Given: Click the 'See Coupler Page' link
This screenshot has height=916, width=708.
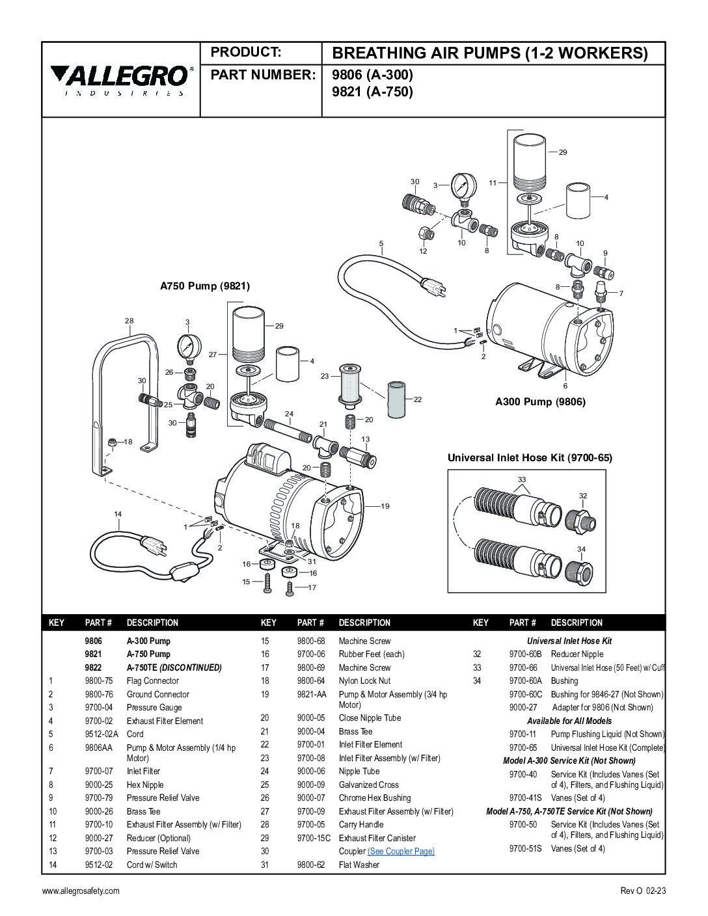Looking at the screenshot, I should coord(401,851).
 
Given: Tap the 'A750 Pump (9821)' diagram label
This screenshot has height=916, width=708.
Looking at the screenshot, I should coord(205,286).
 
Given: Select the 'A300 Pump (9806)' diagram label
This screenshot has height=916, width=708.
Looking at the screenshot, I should coord(540,401).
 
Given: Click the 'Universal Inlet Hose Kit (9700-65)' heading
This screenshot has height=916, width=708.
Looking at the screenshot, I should coord(530,457).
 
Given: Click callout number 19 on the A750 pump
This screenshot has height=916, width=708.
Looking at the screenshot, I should coord(385,505).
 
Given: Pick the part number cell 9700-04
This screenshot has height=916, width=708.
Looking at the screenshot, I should coord(99,707).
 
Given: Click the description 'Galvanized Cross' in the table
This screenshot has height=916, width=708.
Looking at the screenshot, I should coord(368,785).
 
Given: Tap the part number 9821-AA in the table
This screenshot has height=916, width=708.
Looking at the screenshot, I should coord(310,694).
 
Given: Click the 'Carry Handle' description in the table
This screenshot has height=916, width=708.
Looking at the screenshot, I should coord(361,824).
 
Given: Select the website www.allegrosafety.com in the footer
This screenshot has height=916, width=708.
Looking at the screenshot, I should coord(81,891).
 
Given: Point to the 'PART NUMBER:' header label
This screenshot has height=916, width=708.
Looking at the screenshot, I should coord(262,75).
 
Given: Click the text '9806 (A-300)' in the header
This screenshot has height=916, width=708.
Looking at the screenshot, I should coord(372,75).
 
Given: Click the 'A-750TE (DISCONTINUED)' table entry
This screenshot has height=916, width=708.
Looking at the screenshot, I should coord(174,667).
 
